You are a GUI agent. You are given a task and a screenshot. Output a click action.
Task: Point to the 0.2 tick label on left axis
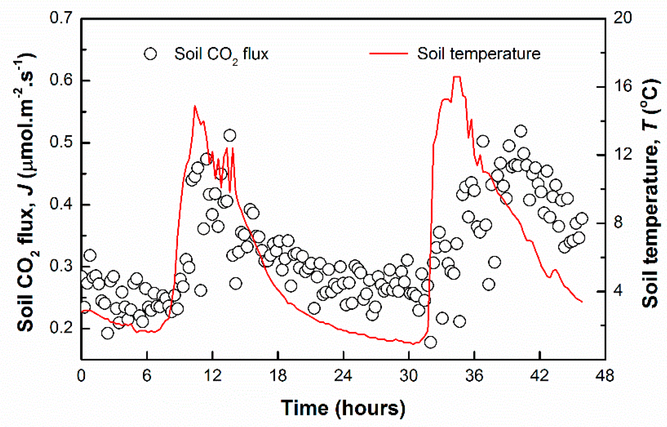click(61, 327)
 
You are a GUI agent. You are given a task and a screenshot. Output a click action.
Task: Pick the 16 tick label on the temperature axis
click(622, 86)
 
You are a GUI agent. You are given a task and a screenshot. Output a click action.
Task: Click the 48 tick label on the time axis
click(604, 376)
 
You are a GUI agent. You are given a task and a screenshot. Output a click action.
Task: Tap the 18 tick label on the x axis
click(278, 376)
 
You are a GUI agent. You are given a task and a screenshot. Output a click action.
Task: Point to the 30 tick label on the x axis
click(409, 376)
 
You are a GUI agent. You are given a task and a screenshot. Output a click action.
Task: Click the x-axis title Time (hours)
click(343, 408)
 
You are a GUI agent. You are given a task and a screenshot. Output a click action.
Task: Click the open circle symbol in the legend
click(150, 54)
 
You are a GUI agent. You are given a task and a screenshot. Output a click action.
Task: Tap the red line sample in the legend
click(389, 54)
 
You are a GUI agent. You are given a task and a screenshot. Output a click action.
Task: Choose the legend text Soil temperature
click(479, 54)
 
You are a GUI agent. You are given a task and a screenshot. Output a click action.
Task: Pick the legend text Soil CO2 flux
click(221, 55)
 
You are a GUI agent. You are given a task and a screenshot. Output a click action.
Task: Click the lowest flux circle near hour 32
click(430, 342)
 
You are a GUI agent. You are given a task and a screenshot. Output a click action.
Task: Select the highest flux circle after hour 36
click(521, 131)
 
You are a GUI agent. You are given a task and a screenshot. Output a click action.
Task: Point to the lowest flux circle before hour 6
click(107, 333)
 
